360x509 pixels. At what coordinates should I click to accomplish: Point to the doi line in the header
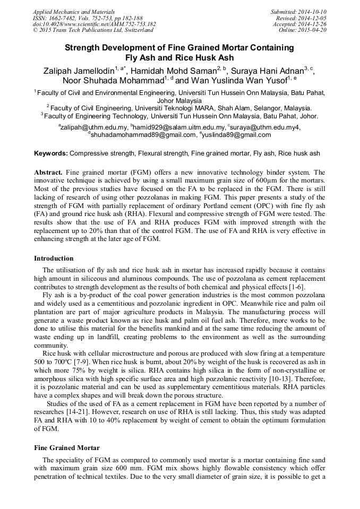[95, 24]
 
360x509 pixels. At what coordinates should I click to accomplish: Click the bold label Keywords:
[51, 153]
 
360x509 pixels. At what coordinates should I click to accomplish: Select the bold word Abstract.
[48, 173]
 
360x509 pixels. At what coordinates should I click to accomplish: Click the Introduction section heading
[54, 258]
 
